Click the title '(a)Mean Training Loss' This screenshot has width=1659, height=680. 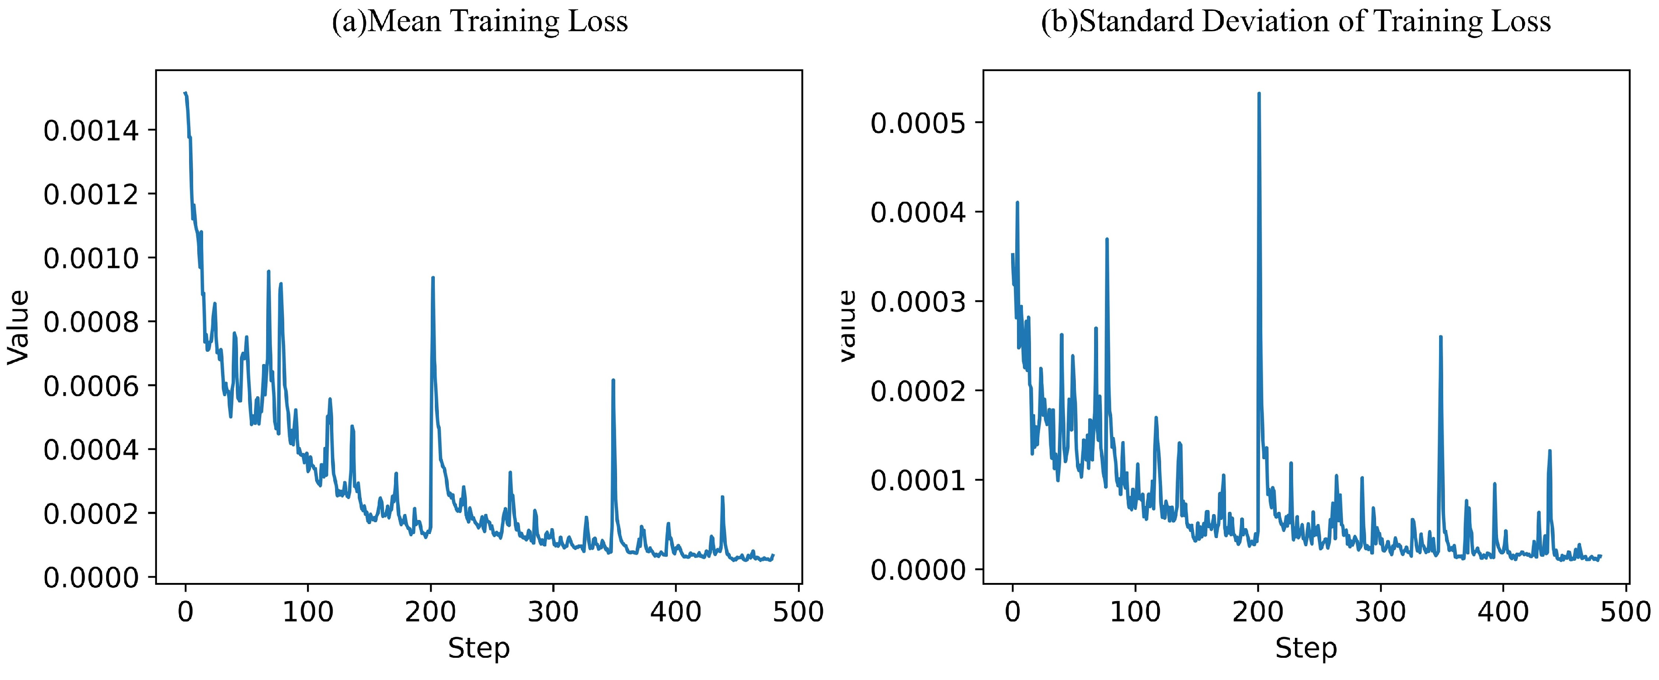click(x=480, y=22)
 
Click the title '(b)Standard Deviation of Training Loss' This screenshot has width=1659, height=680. click(x=1296, y=22)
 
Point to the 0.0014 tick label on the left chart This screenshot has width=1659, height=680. click(x=91, y=131)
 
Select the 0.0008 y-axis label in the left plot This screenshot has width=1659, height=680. click(x=91, y=322)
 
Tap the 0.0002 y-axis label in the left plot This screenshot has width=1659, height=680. click(x=91, y=514)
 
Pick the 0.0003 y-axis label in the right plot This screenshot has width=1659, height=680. click(x=919, y=301)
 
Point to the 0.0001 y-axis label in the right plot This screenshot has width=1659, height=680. click(x=919, y=481)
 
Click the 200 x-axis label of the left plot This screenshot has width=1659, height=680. click(x=430, y=612)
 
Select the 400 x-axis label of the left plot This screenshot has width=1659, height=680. click(x=676, y=612)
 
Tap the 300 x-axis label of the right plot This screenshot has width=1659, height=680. click(x=1380, y=612)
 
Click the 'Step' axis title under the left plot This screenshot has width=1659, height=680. click(x=478, y=648)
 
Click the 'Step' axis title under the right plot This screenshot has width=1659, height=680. click(x=1306, y=648)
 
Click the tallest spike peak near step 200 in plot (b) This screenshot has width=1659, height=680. click(x=1258, y=93)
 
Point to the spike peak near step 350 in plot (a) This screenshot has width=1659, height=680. click(x=613, y=380)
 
